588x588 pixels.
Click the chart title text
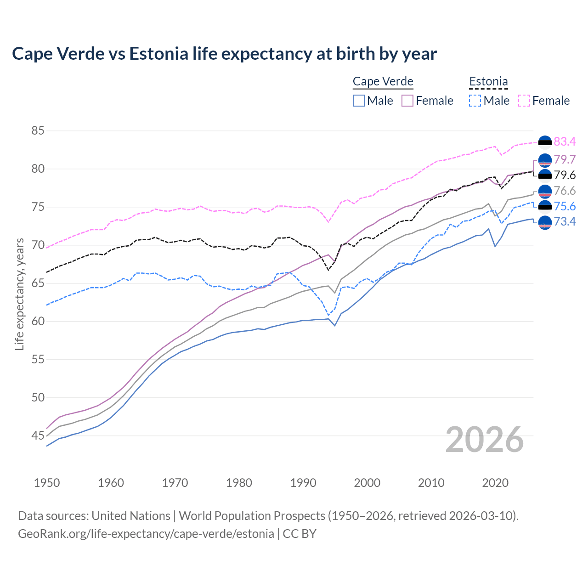[x=224, y=54]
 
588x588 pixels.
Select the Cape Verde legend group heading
[x=383, y=82]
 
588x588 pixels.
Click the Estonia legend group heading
[x=488, y=82]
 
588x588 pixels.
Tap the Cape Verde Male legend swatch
[x=359, y=101]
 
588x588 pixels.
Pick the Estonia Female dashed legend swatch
[x=524, y=101]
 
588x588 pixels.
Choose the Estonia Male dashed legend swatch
[x=475, y=101]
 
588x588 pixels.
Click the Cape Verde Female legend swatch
[x=408, y=101]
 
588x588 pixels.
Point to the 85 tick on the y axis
[x=38, y=131]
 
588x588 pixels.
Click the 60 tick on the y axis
[x=38, y=321]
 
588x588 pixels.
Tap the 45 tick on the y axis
[x=38, y=435]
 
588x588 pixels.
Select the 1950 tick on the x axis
[x=47, y=483]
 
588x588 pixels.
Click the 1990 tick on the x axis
[x=303, y=483]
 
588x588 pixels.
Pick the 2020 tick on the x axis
[x=495, y=483]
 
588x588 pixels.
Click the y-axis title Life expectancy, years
[x=19, y=294]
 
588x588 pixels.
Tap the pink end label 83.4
[x=565, y=141]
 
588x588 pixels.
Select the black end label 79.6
[x=565, y=175]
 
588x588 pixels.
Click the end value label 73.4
[x=565, y=222]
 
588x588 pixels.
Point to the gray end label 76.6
[x=565, y=191]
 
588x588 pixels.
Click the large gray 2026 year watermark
[x=485, y=440]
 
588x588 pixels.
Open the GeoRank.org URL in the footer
[x=146, y=534]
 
